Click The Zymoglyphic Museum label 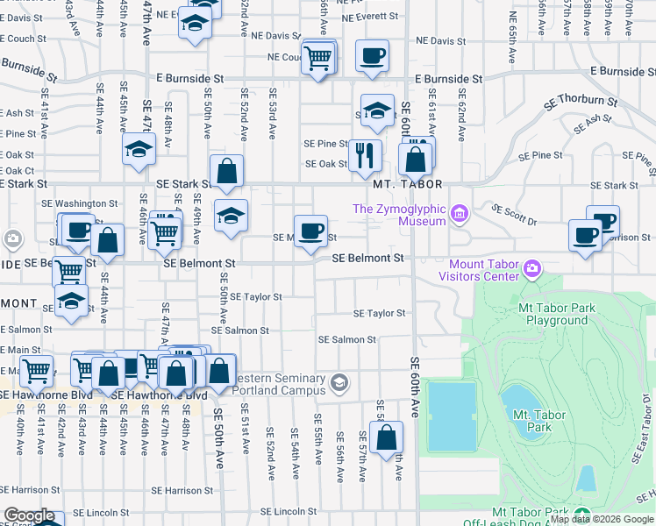point(398,215)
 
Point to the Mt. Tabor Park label point(531,421)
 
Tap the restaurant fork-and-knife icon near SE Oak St point(365,155)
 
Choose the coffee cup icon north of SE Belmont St point(310,231)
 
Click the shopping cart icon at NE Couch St point(317,59)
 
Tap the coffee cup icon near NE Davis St point(372,56)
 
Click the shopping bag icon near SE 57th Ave point(386,437)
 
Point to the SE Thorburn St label point(581,101)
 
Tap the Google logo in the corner point(29,515)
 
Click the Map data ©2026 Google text point(601,519)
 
